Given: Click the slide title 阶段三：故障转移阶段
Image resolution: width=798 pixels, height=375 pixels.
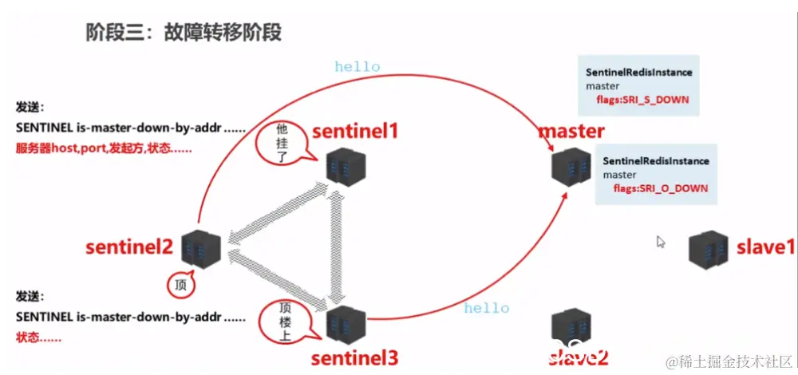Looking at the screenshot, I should point(184,32).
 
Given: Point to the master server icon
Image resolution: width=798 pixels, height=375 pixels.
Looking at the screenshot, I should point(571,165).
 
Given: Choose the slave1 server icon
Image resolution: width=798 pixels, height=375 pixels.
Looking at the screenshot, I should point(709,248).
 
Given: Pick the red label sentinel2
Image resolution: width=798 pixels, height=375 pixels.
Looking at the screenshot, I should point(129,247).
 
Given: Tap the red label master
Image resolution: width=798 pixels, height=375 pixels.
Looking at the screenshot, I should point(571,130).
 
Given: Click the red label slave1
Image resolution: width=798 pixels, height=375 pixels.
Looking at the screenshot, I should point(765,247).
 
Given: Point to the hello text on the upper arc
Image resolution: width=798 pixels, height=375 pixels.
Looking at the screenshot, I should point(357,67).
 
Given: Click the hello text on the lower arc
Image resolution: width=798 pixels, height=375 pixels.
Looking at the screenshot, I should point(486,308).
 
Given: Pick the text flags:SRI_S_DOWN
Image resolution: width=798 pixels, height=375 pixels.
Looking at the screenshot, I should point(642,101).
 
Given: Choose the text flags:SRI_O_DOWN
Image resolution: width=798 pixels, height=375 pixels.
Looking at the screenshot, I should point(661,189).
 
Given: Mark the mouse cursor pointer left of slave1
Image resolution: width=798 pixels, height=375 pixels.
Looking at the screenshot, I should point(661,242).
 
